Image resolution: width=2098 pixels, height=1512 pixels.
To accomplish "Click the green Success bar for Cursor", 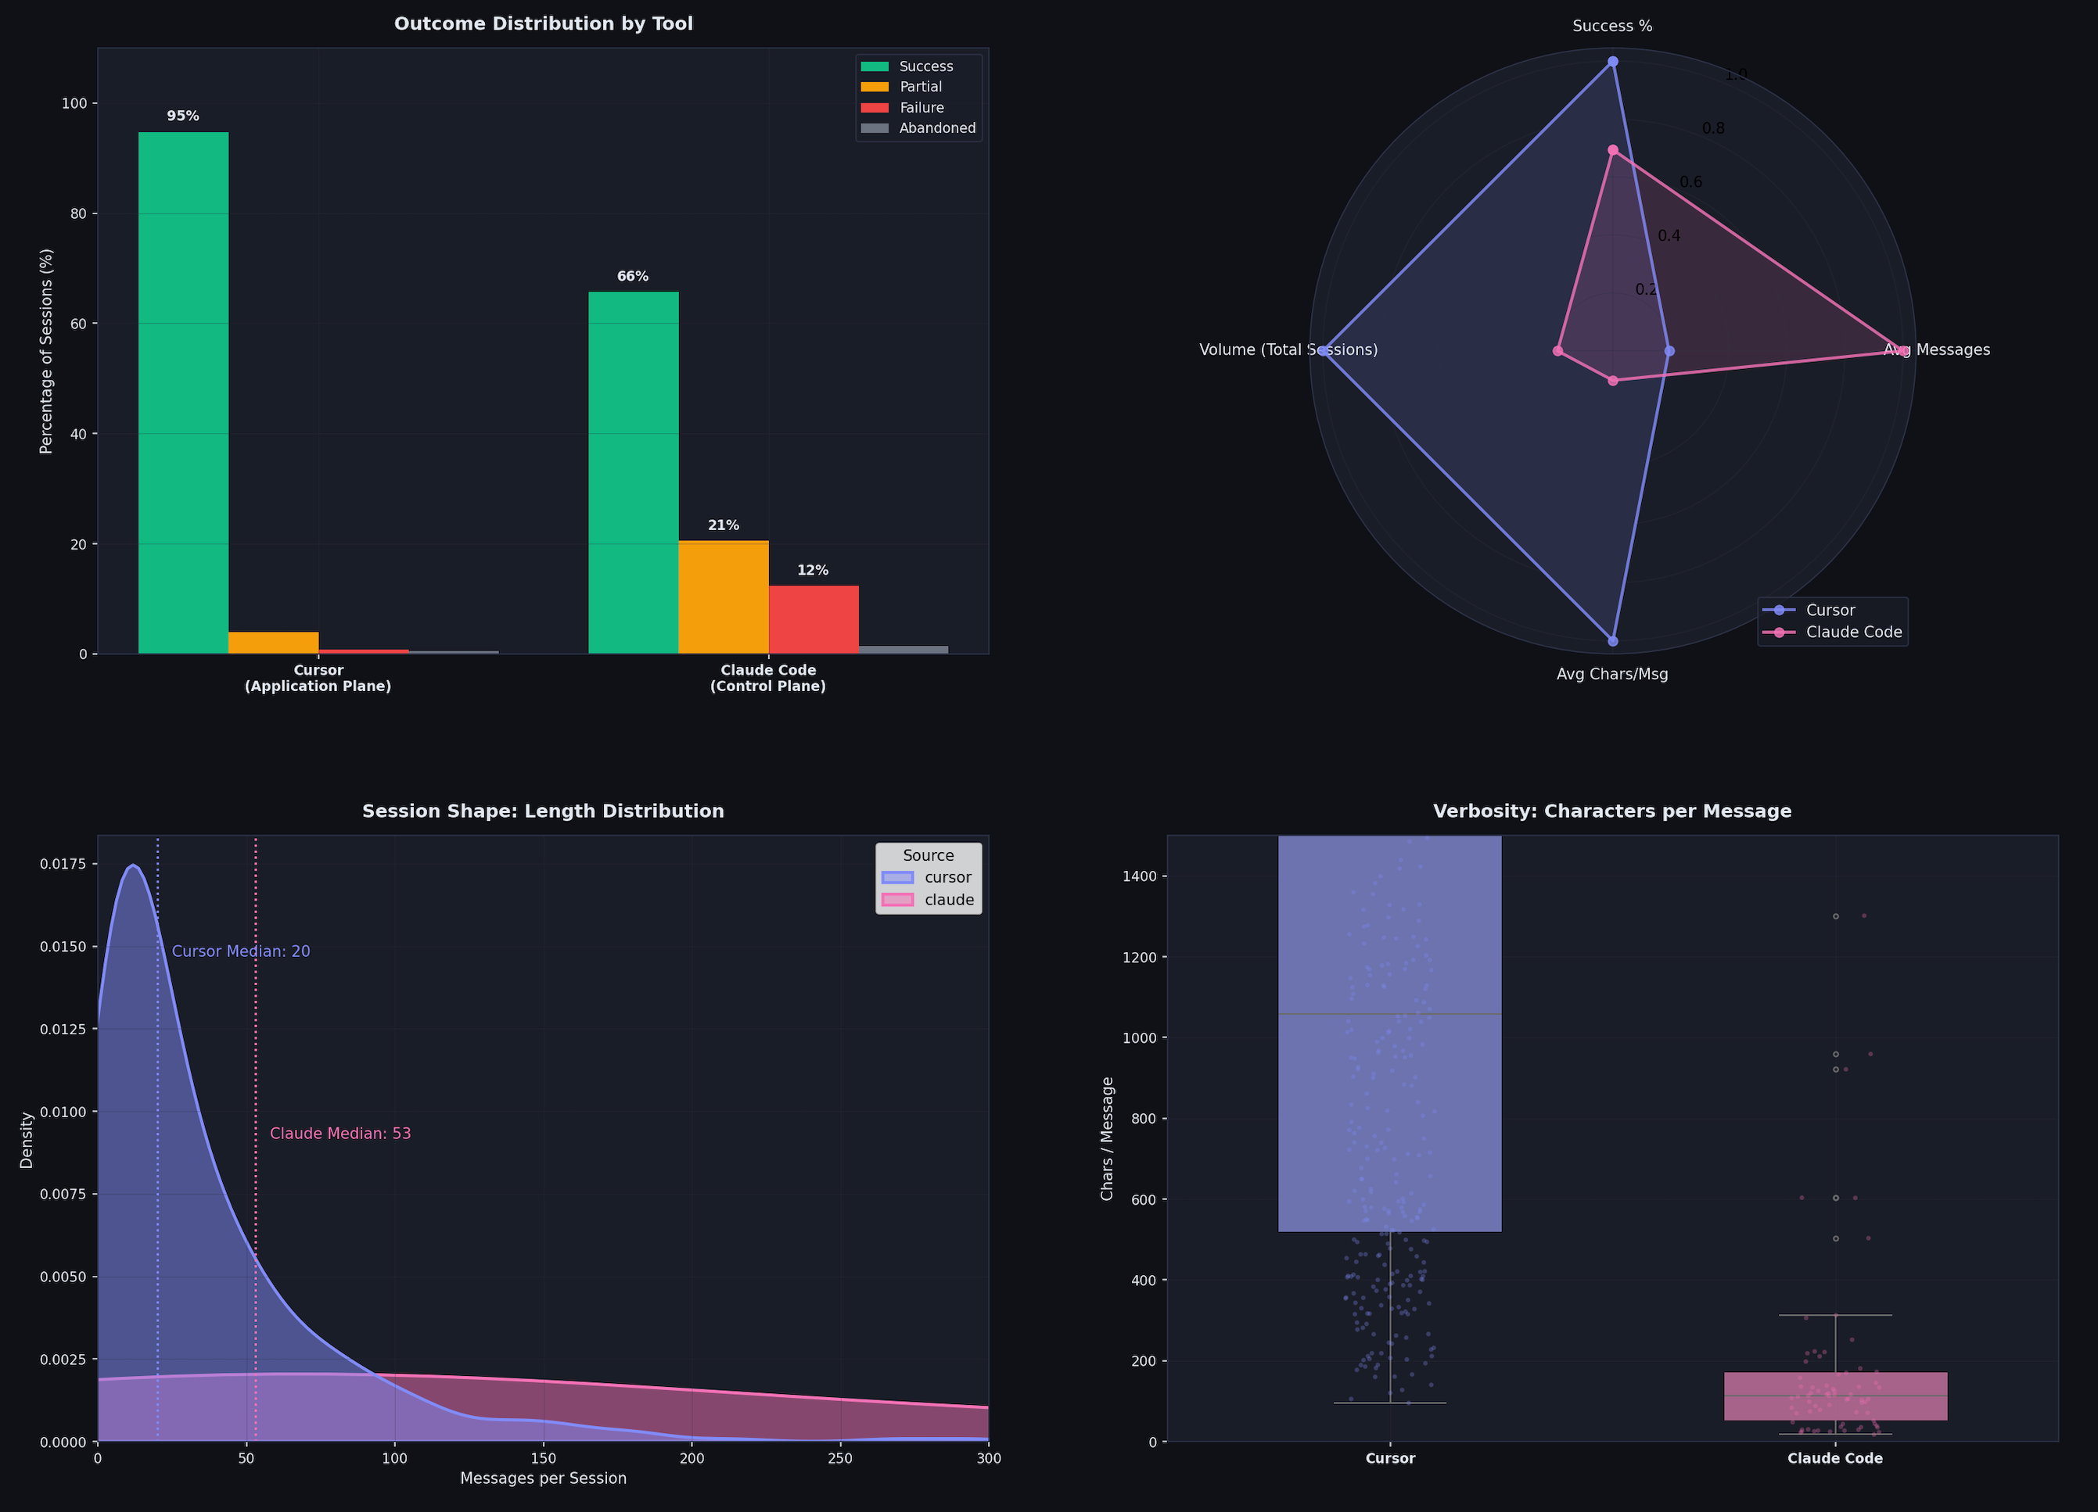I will (183, 393).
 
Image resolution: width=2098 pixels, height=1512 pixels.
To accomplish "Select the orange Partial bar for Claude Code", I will (724, 597).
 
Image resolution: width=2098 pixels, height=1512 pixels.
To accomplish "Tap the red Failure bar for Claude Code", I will (813, 620).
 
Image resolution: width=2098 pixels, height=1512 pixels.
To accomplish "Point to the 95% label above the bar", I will (183, 116).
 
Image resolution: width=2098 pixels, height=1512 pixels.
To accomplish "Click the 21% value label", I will (724, 525).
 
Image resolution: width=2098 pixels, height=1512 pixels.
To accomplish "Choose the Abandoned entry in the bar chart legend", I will (936, 128).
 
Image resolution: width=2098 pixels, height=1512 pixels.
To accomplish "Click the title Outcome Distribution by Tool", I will (543, 24).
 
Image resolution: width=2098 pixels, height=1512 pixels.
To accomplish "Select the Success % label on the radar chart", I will (1612, 27).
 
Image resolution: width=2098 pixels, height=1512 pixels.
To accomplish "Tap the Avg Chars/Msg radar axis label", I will (1612, 674).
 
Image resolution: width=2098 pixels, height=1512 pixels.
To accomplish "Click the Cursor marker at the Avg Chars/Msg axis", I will (1612, 641).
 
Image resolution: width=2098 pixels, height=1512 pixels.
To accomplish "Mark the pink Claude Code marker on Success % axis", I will (1612, 150).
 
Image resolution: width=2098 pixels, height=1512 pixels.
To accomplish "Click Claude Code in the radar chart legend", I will (1853, 632).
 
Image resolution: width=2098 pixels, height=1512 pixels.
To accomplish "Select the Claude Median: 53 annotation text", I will (340, 1134).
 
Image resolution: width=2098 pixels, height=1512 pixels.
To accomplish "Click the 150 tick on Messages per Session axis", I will (543, 1458).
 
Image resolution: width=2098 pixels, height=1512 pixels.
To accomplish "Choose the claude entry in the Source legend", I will (948, 900).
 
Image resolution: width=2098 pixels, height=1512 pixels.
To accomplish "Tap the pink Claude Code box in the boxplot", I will (1835, 1396).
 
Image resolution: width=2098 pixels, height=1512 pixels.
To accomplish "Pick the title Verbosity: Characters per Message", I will (1612, 811).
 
